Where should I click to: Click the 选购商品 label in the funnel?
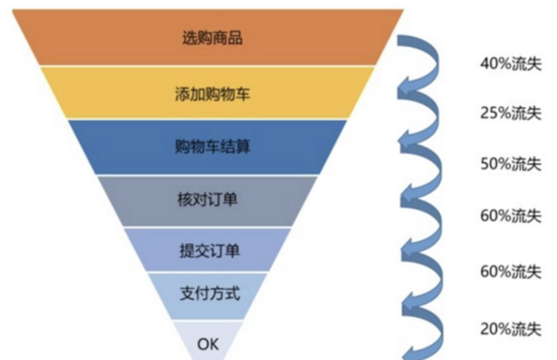pos(212,38)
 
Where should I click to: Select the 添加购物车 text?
pos(212,94)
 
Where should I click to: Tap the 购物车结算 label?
pos(212,147)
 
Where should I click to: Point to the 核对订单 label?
pos(207,200)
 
